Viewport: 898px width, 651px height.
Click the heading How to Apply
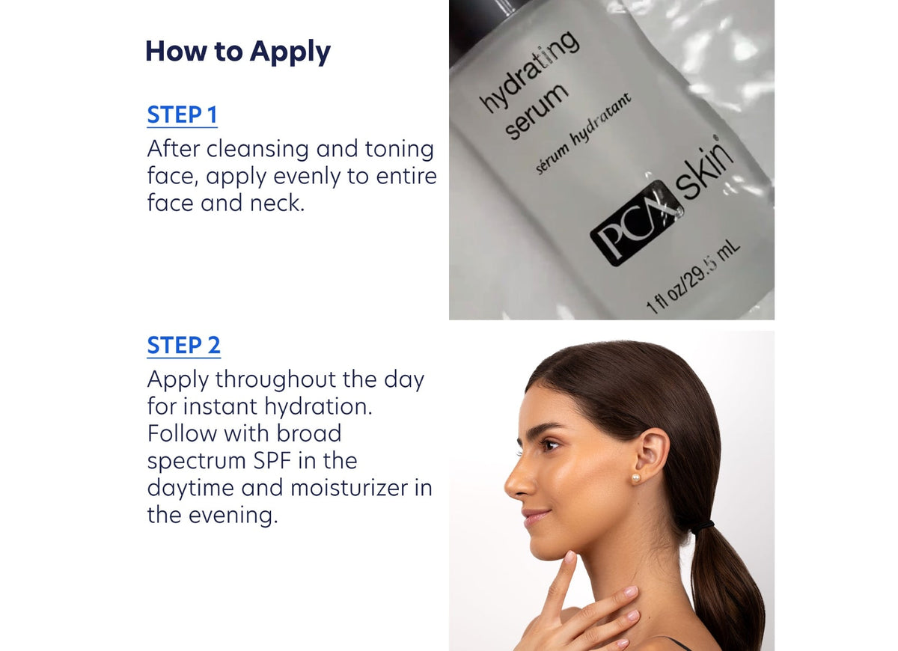pos(237,52)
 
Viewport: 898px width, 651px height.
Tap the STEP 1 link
pos(182,115)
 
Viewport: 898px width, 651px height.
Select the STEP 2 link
pos(183,346)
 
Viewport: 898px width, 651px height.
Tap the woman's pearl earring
pos(636,477)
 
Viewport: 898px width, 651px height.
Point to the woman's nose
pos(516,482)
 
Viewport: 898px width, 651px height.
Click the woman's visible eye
pos(550,444)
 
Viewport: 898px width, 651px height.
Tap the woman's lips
pos(534,517)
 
